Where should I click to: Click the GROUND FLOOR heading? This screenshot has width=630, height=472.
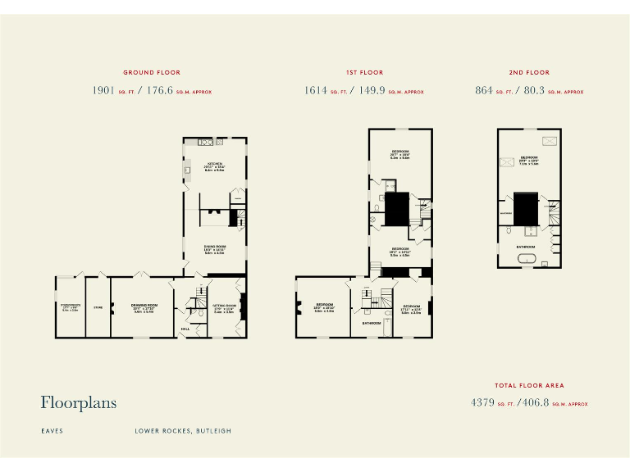pyautogui.click(x=152, y=73)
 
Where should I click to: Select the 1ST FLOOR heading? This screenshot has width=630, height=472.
pyautogui.click(x=364, y=73)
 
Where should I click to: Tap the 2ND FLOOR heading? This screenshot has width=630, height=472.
pyautogui.click(x=529, y=73)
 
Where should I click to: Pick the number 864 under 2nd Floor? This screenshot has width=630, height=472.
pyautogui.click(x=484, y=91)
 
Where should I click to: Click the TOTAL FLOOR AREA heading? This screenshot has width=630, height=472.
pyautogui.click(x=529, y=385)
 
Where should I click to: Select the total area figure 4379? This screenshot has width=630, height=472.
pyautogui.click(x=484, y=402)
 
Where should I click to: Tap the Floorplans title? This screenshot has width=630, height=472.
pyautogui.click(x=79, y=402)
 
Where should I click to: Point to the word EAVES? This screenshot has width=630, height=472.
pyautogui.click(x=52, y=430)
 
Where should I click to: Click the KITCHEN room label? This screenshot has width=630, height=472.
pyautogui.click(x=215, y=163)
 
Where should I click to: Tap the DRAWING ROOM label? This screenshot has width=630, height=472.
pyautogui.click(x=144, y=305)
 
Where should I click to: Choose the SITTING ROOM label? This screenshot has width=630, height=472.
pyautogui.click(x=224, y=305)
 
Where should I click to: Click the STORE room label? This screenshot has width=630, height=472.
pyautogui.click(x=98, y=308)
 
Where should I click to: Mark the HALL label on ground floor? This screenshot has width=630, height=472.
pyautogui.click(x=185, y=329)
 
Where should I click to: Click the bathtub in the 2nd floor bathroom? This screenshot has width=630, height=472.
pyautogui.click(x=526, y=261)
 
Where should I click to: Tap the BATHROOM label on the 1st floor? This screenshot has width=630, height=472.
pyautogui.click(x=372, y=323)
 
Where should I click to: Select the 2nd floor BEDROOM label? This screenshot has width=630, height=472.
pyautogui.click(x=529, y=157)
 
